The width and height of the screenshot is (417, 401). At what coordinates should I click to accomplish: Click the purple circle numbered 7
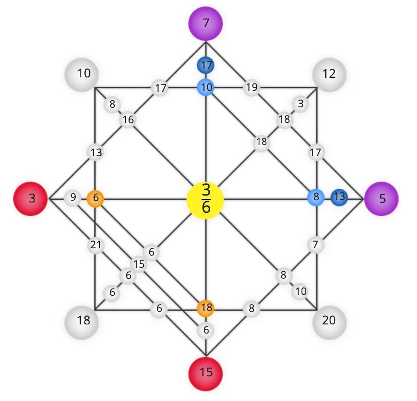point(205,22)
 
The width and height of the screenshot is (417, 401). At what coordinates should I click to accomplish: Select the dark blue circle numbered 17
point(206,66)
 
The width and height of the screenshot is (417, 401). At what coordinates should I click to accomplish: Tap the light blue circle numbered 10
point(206,87)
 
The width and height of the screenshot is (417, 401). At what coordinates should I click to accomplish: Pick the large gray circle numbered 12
point(329,74)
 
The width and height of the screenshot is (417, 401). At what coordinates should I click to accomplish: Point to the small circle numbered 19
point(251,88)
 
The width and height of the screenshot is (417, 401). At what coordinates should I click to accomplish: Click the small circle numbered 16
point(128,120)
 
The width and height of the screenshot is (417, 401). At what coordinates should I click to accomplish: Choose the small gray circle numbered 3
point(300,104)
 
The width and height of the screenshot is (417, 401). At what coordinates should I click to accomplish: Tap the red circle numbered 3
point(31,199)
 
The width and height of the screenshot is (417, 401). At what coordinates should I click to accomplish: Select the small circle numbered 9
point(73,198)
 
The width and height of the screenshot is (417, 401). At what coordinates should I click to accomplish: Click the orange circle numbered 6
point(95,199)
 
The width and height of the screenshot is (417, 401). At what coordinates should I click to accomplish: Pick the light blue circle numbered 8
point(316,197)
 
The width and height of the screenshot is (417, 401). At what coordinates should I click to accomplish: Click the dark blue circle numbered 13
point(339,197)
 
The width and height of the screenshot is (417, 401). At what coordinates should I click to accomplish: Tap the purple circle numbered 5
point(382,198)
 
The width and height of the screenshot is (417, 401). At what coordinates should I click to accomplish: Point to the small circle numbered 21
point(95,245)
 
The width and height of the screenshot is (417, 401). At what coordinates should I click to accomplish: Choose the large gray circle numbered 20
point(329,321)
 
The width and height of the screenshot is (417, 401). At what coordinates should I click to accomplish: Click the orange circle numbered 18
point(206,308)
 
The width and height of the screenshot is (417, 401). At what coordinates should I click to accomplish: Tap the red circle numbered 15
point(206,372)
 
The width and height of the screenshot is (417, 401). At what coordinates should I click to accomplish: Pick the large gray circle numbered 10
point(82,74)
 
